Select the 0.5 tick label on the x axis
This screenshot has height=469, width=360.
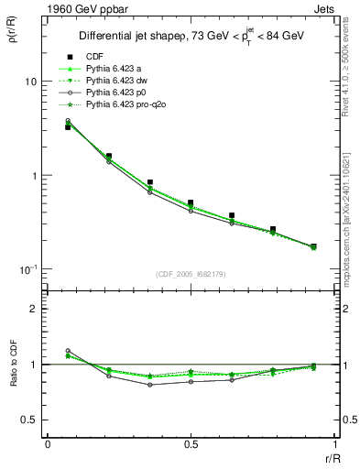tap(191, 443)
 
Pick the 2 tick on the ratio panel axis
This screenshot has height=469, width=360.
tap(33, 309)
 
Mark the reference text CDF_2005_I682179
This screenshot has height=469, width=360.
tap(191, 274)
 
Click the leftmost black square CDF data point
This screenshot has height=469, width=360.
tap(68, 127)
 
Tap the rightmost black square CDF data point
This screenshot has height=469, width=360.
tap(313, 246)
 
